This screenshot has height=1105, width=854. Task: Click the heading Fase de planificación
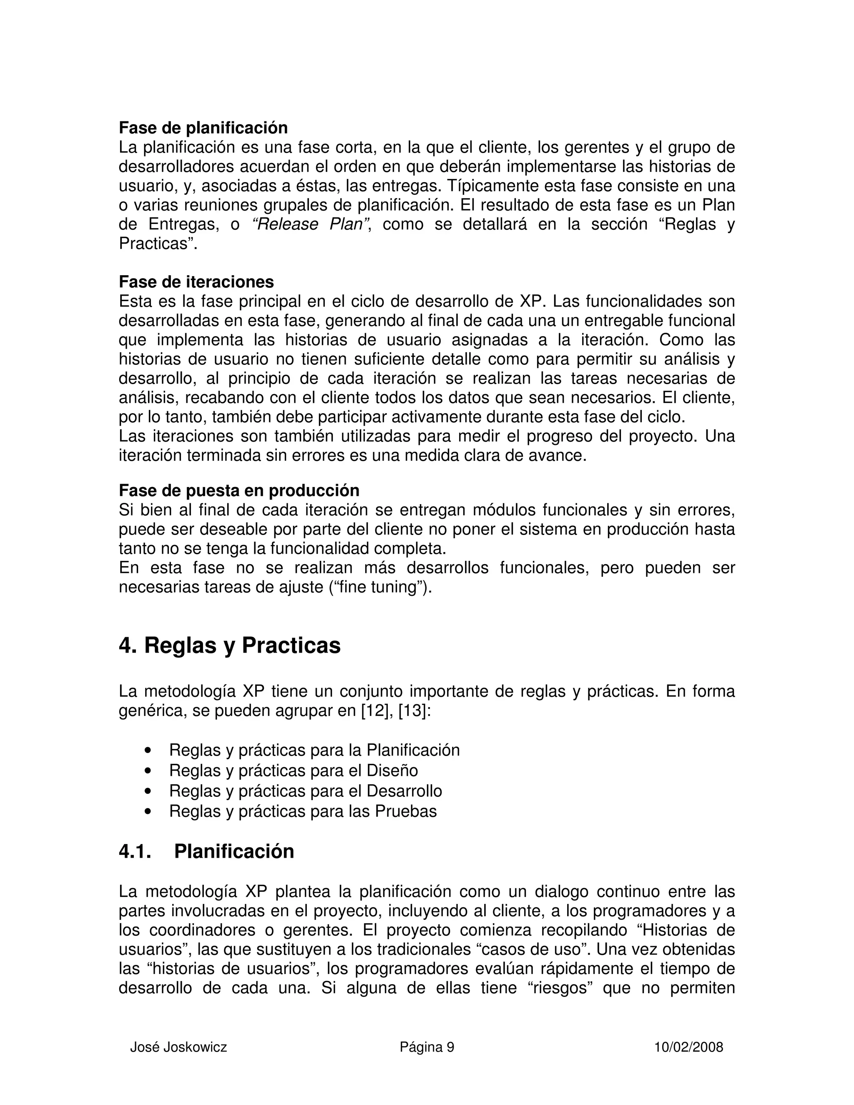[x=203, y=128]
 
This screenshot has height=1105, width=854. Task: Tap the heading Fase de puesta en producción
[x=239, y=490]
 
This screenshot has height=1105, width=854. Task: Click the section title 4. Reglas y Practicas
[x=230, y=645]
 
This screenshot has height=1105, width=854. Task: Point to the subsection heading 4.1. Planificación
[x=206, y=851]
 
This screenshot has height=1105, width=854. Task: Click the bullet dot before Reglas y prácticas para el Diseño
[x=148, y=771]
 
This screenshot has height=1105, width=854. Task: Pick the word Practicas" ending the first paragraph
[x=157, y=244]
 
